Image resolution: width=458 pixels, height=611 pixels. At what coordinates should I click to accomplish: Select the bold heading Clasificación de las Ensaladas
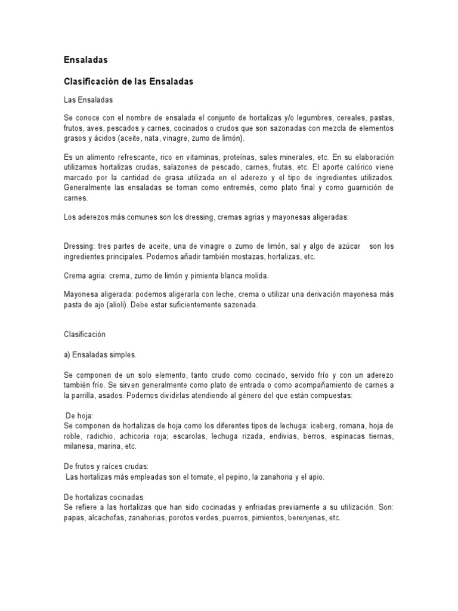click(x=128, y=82)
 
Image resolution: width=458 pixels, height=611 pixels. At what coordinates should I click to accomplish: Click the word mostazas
click(x=238, y=256)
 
